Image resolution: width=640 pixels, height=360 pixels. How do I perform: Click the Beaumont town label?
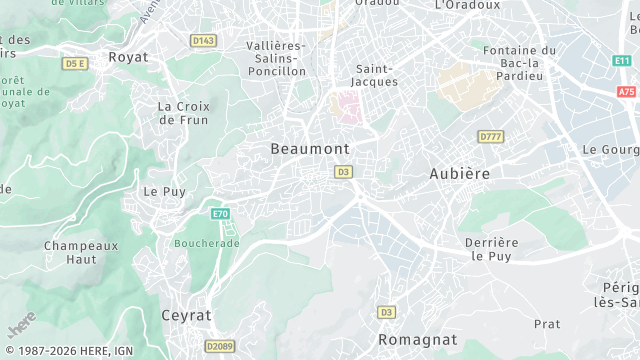[310, 148]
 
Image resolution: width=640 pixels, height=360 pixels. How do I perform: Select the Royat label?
[128, 57]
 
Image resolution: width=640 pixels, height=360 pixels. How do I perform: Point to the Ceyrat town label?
[186, 315]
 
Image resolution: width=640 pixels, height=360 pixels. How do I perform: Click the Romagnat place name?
[417, 340]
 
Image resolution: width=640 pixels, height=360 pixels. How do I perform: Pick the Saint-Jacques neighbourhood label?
[377, 75]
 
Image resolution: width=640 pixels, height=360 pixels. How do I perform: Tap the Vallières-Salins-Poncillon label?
[276, 58]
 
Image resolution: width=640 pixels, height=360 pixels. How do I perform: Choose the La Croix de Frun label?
[184, 112]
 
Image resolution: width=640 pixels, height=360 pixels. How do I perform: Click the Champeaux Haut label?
[81, 252]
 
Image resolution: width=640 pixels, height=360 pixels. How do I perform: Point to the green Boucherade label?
[206, 243]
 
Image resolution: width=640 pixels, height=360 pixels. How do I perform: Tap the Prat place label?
[547, 324]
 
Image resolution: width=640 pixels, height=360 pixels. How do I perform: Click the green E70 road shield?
[221, 214]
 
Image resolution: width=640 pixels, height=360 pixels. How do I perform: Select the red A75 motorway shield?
[627, 91]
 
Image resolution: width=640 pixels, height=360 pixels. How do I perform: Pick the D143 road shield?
[203, 40]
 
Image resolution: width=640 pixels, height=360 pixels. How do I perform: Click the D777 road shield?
[490, 136]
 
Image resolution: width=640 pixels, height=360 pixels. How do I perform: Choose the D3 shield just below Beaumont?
[343, 172]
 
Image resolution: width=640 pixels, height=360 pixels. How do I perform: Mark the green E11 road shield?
[623, 61]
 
